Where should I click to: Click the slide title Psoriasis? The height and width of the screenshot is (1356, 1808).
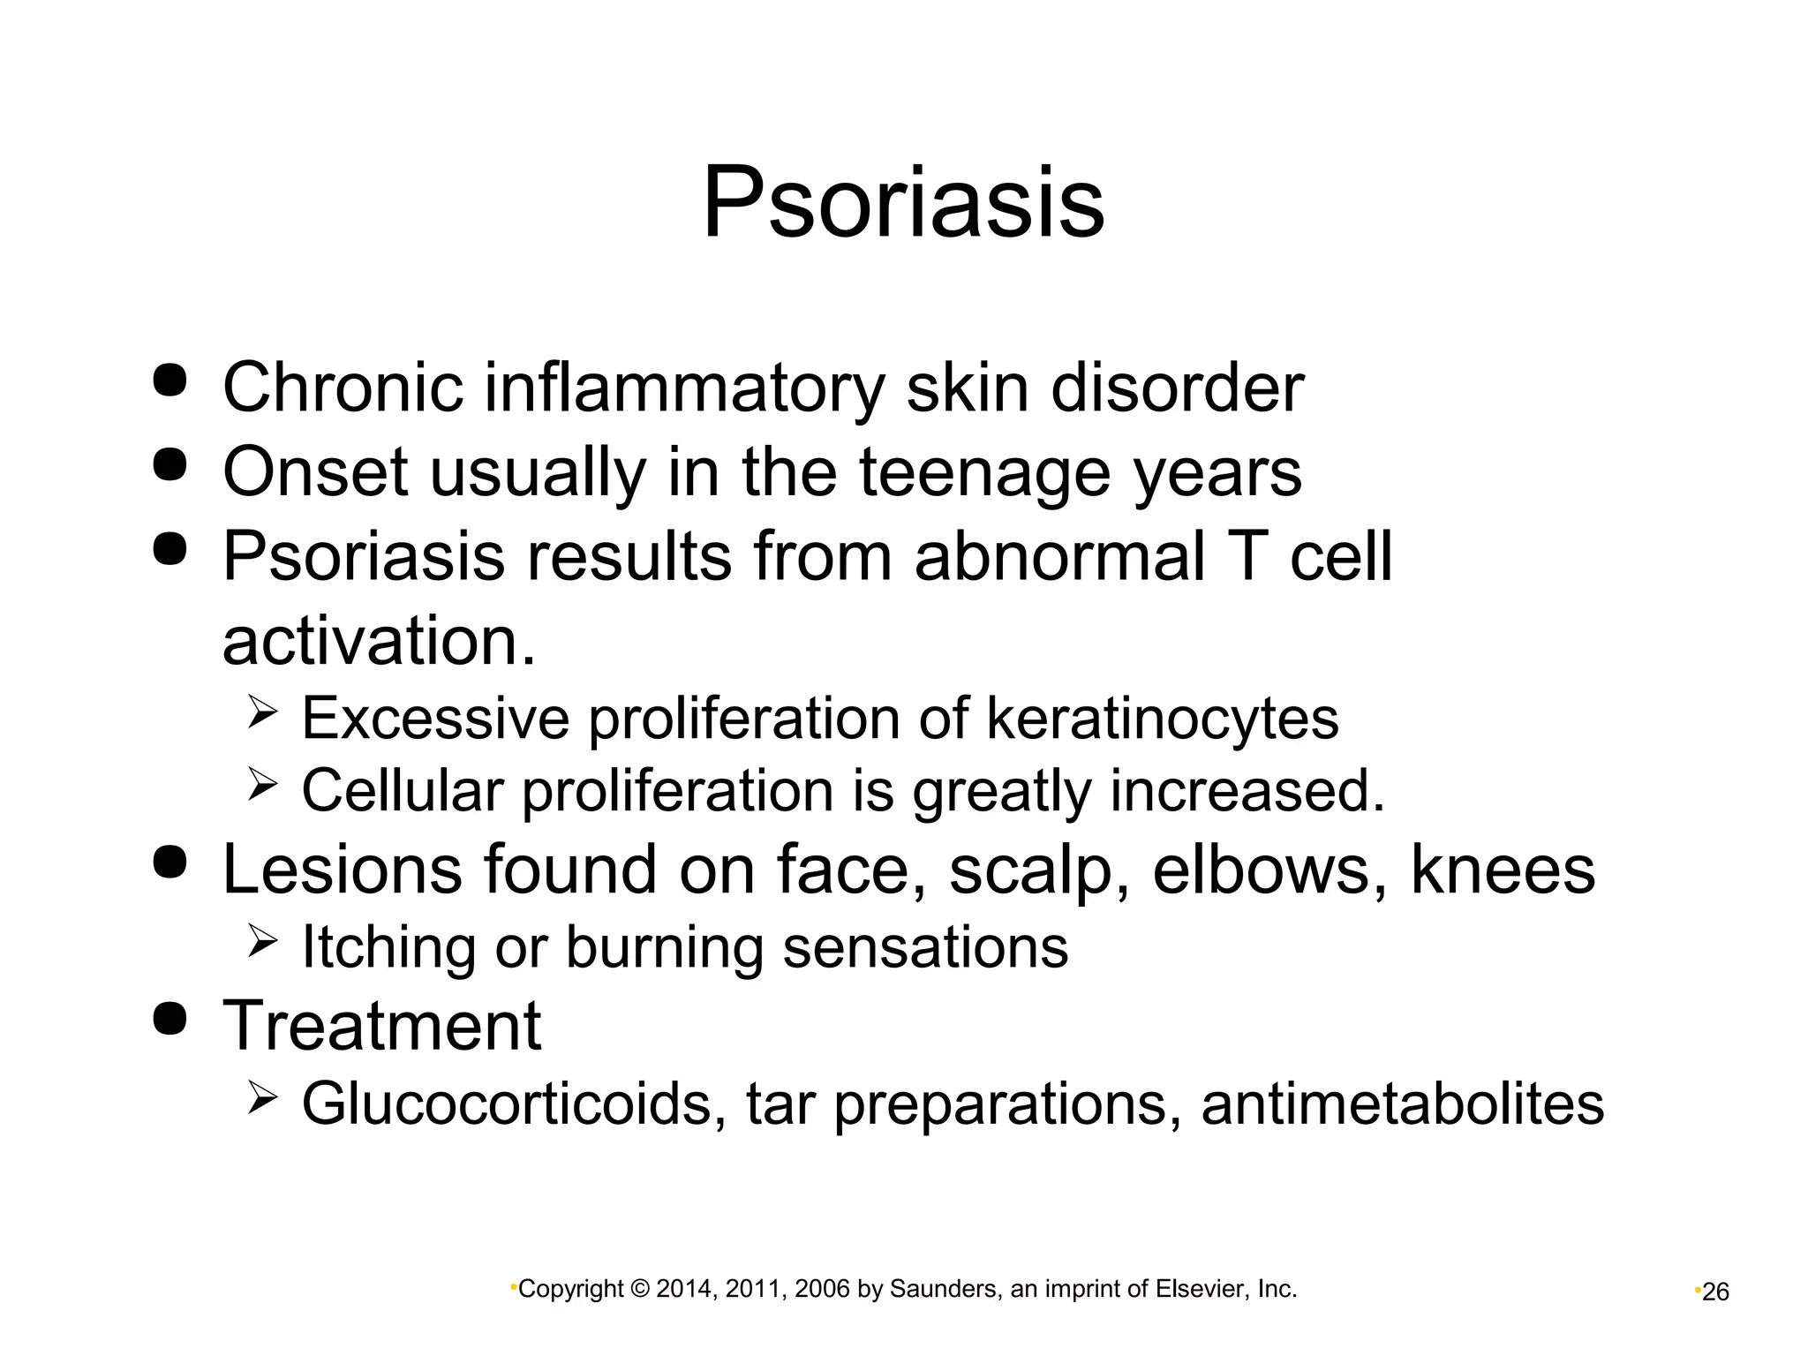(902, 204)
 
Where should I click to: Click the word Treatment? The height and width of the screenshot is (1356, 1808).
(381, 1026)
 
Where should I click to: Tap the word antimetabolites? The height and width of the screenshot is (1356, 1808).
(1402, 1104)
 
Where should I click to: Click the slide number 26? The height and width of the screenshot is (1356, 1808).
(1715, 1292)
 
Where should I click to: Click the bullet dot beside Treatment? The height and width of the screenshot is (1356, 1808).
(169, 1019)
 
